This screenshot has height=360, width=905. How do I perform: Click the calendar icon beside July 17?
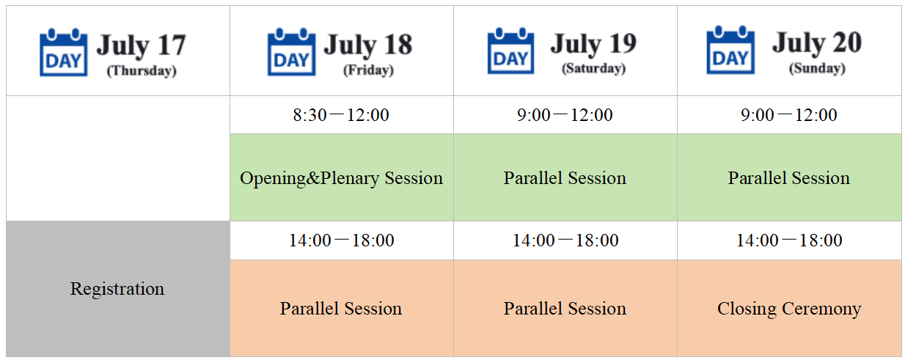pos(63,52)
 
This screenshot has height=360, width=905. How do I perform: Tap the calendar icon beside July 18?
pos(291,52)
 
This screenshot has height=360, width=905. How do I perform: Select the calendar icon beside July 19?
pos(510,51)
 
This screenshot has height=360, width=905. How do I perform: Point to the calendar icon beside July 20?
pos(730,50)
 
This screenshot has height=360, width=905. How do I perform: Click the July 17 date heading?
pos(141,45)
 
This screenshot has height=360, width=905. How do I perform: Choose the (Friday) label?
pos(368,70)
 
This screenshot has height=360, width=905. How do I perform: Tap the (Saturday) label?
pos(593,68)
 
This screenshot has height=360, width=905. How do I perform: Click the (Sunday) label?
pos(817,68)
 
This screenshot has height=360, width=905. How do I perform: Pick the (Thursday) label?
pos(142,70)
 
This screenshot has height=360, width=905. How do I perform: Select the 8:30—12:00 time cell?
pos(341,115)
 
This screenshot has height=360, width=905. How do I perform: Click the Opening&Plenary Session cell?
pos(342,178)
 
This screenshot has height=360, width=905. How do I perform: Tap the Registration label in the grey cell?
pos(117,289)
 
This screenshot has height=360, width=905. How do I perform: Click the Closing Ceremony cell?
pos(789,309)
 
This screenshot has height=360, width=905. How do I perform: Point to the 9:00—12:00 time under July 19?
pos(565,115)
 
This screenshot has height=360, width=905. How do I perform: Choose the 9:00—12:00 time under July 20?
pos(788,115)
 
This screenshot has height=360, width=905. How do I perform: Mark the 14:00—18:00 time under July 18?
pos(342,240)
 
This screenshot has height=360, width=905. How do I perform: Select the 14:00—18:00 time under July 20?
pos(789,240)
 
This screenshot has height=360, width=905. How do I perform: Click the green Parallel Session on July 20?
pos(789,178)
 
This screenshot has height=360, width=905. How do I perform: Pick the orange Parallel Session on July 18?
pos(341,309)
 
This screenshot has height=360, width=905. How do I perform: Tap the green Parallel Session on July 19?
pos(565,178)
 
